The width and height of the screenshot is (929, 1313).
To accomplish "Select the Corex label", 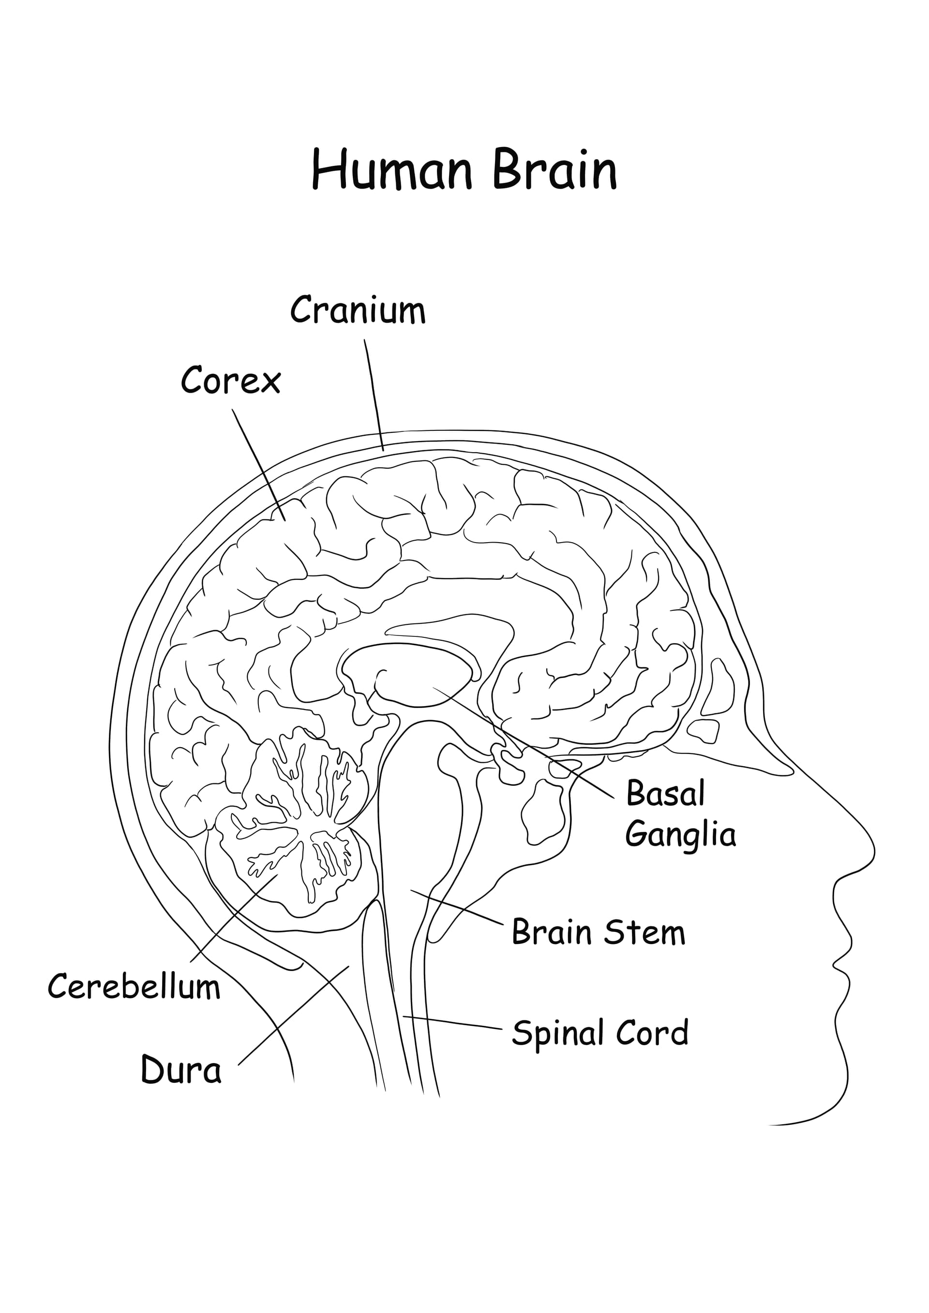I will pos(230,381).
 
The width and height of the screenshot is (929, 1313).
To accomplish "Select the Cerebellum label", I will pos(134,987).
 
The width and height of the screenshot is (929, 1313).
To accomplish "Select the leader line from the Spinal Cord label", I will pos(452,1022).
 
